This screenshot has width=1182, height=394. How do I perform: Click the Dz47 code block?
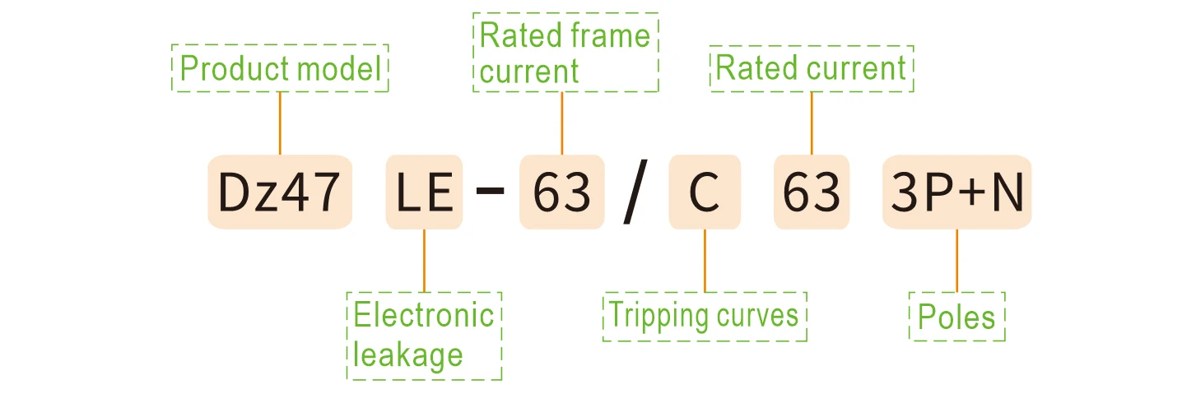(x=279, y=192)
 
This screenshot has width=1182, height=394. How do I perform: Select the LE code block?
(x=424, y=192)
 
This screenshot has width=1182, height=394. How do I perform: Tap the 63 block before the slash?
(x=561, y=192)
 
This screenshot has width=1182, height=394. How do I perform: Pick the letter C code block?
(x=705, y=192)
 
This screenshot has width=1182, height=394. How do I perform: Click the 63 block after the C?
(x=811, y=192)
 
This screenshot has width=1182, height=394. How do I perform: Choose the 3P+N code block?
(x=956, y=192)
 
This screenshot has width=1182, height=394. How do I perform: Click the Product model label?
(x=280, y=68)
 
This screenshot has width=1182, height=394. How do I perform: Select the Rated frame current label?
(x=565, y=53)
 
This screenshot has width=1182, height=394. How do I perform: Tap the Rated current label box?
(x=812, y=68)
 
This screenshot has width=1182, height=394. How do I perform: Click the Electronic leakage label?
(x=424, y=335)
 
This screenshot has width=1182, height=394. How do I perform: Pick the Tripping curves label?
(x=705, y=316)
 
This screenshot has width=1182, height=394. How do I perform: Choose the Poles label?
(x=956, y=317)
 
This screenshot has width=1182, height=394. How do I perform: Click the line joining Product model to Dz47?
(x=280, y=123)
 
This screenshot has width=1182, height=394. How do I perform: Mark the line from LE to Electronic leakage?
(x=424, y=259)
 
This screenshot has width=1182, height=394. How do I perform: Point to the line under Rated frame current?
(x=561, y=123)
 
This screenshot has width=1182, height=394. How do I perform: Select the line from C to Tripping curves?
(x=705, y=259)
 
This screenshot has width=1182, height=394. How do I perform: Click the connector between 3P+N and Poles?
(x=956, y=259)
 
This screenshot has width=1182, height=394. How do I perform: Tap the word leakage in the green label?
(x=408, y=355)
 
